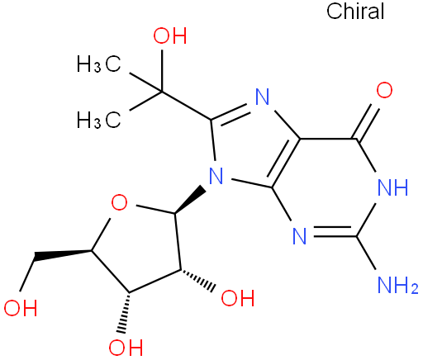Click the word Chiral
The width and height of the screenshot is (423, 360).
[x=355, y=12]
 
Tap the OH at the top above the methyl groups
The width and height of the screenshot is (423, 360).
[x=170, y=36]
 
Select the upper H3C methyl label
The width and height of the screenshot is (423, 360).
[x=98, y=64]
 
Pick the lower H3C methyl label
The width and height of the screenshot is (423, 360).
[x=98, y=120]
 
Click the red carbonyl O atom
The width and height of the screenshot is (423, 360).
[x=384, y=90]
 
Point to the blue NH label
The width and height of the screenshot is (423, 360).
[x=393, y=187]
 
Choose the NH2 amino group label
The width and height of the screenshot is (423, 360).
[x=398, y=285]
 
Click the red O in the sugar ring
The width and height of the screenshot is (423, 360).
[x=119, y=202]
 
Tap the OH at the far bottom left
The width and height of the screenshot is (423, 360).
[x=21, y=307]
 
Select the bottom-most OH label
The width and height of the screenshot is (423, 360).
[x=126, y=348]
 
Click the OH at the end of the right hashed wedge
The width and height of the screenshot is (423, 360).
[x=238, y=297]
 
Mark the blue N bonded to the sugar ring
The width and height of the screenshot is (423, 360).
[x=216, y=176]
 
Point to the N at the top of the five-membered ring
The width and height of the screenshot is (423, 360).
[x=262, y=97]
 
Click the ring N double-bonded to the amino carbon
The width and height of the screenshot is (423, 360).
[x=300, y=236]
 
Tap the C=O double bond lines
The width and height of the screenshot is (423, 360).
[x=365, y=122]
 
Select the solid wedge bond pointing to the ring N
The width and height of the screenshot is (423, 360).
[x=191, y=200]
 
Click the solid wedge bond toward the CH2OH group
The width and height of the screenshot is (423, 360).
[x=63, y=254]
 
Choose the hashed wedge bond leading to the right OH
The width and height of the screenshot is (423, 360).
[x=197, y=279]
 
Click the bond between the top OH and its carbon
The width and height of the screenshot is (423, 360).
[x=162, y=70]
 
